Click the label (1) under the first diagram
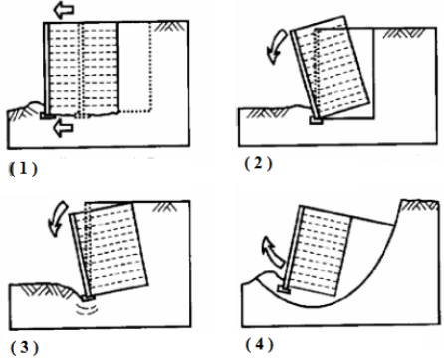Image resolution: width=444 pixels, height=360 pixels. pyautogui.click(x=23, y=169)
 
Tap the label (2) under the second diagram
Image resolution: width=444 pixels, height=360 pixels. pyautogui.click(x=258, y=163)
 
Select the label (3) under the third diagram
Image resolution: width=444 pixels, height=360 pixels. pyautogui.click(x=25, y=347)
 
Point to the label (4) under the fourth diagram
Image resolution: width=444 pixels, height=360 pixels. pyautogui.click(x=259, y=345)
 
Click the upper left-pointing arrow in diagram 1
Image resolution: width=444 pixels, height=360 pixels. pyautogui.click(x=64, y=10)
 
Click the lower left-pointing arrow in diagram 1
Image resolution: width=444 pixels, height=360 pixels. pyautogui.click(x=63, y=128)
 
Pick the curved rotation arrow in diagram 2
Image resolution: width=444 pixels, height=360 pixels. pyautogui.click(x=277, y=47)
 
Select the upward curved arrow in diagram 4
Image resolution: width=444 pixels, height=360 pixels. pyautogui.click(x=273, y=252)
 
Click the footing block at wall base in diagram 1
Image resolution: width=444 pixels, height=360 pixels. pyautogui.click(x=48, y=116)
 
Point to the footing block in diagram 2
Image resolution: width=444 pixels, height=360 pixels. pyautogui.click(x=316, y=121)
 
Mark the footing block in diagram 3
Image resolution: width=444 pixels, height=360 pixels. pyautogui.click(x=88, y=298)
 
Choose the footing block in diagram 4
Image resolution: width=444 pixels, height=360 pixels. pyautogui.click(x=284, y=290)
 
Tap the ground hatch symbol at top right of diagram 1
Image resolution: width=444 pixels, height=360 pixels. pyautogui.click(x=166, y=27)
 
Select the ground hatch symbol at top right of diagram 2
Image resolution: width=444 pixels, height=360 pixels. pyautogui.click(x=404, y=33)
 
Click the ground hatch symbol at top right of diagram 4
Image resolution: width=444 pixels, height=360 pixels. pyautogui.click(x=419, y=206)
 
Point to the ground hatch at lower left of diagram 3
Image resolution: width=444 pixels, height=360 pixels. pyautogui.click(x=42, y=289)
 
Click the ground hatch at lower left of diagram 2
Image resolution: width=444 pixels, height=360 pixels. pyautogui.click(x=267, y=113)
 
